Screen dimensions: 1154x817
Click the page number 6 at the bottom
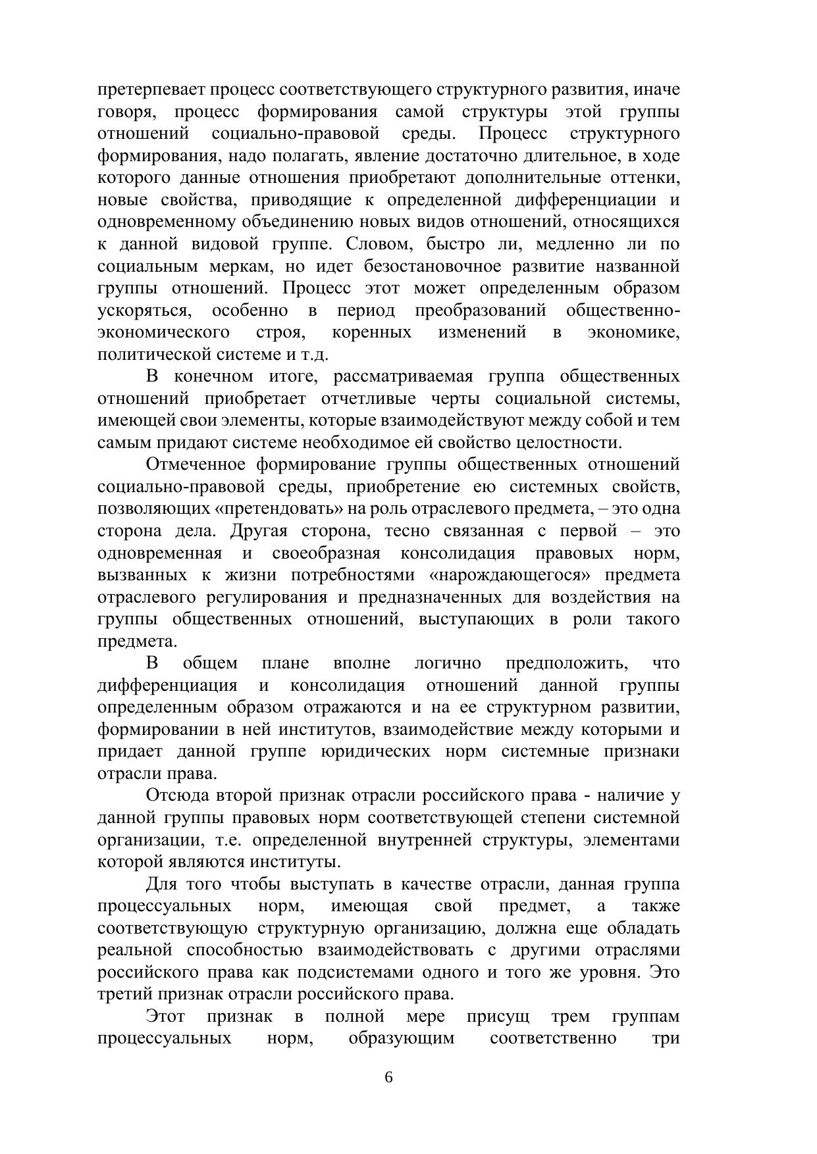point(388,1077)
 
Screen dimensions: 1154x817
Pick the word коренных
point(372,332)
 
